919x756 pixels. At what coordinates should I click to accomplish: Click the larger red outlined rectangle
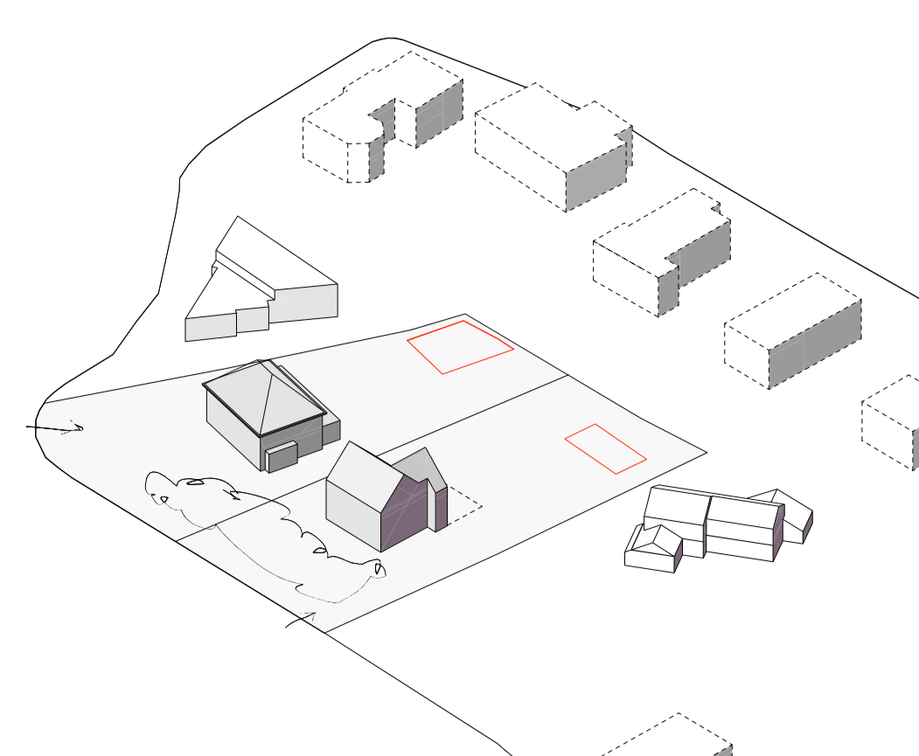(461, 347)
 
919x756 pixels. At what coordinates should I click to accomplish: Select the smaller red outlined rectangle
(605, 449)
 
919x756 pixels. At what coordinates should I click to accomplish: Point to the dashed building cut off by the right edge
(892, 424)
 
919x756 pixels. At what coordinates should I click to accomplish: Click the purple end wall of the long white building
(778, 533)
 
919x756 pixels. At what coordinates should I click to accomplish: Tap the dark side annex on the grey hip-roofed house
(331, 432)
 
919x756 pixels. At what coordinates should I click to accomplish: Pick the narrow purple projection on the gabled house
(442, 509)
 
